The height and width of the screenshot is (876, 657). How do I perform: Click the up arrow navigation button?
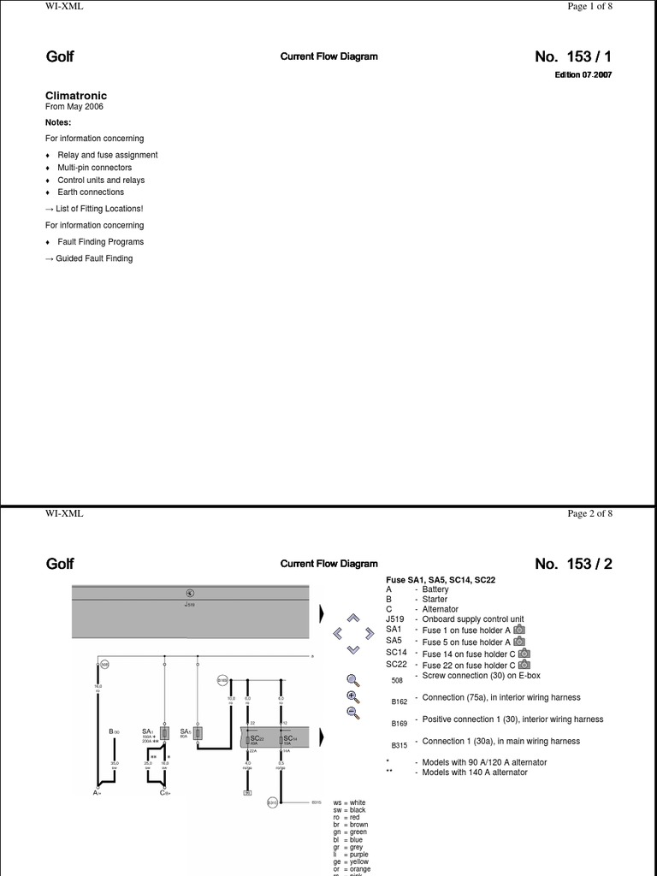tap(352, 618)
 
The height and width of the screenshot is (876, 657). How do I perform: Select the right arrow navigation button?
tap(369, 634)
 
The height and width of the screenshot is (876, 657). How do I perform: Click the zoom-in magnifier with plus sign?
tap(352, 696)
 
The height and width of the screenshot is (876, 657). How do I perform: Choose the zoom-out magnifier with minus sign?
tap(352, 712)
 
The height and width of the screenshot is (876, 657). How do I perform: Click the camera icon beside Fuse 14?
tap(524, 653)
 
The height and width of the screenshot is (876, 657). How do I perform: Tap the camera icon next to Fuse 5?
tap(519, 641)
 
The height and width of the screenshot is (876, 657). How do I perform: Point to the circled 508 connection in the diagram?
tap(104, 663)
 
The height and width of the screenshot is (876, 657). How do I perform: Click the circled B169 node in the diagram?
tap(222, 680)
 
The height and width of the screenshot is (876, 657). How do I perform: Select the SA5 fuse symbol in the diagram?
tap(198, 733)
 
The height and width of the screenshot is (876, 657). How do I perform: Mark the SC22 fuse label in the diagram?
tap(256, 738)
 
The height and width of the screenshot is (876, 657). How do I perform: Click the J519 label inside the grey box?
tap(190, 604)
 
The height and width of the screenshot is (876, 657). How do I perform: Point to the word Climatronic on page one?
tap(75, 96)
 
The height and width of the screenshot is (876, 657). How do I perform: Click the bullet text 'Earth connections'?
tap(91, 192)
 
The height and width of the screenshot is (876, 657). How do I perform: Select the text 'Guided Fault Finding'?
tap(94, 258)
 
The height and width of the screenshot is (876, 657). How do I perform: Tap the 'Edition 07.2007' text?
tap(583, 75)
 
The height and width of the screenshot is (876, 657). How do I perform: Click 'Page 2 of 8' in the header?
tap(589, 513)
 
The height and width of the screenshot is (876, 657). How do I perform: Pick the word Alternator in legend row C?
tap(441, 609)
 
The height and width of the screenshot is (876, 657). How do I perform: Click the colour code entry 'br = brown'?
tap(351, 825)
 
